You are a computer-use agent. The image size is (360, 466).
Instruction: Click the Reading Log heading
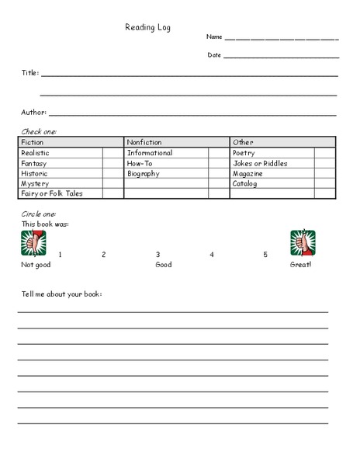147,27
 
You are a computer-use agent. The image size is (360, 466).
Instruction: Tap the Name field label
214,37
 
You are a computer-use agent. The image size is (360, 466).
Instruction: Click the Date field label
214,55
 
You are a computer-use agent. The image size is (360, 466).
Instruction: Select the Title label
29,73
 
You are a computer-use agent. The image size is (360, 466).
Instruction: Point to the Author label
33,113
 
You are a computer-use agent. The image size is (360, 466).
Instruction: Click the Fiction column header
33,143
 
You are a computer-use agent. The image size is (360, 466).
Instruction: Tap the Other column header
243,143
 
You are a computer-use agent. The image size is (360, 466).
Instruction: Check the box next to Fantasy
112,164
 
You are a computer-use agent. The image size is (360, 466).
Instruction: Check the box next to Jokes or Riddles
324,164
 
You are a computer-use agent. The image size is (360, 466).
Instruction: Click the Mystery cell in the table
36,184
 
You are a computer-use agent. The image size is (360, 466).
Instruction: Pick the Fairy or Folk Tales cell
51,194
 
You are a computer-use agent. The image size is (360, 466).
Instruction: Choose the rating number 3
157,255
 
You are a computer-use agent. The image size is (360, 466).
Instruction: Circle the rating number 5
265,255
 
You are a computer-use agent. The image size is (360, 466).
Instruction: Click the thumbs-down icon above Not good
33,242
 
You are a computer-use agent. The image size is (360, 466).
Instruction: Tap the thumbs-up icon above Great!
303,242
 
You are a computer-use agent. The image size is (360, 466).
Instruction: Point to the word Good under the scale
163,266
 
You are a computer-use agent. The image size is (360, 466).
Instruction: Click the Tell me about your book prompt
61,294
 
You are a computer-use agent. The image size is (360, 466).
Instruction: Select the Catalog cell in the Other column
245,184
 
